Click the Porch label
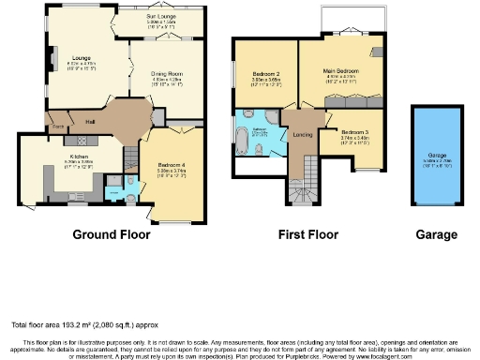tap(57, 125)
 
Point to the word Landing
tap(303, 133)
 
